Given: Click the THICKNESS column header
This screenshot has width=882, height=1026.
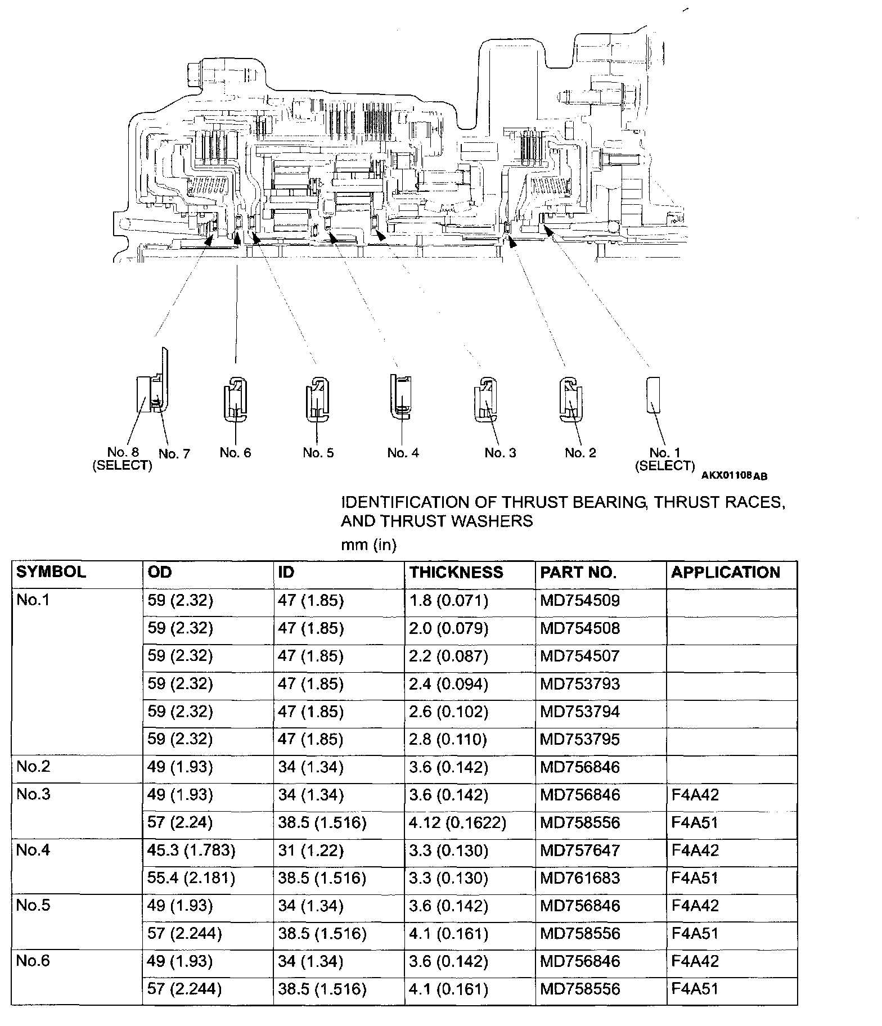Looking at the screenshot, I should (x=456, y=572).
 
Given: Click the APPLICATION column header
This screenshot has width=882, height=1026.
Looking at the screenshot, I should (x=725, y=572).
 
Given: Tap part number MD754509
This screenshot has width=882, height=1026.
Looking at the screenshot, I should (x=579, y=600).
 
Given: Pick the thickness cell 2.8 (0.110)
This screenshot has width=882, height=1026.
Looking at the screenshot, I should (x=448, y=739).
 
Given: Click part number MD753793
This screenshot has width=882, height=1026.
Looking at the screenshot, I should (x=579, y=683).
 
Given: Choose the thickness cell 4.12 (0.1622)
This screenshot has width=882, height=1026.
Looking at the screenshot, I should (x=457, y=822).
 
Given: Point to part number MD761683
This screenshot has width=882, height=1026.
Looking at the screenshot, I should (x=579, y=877).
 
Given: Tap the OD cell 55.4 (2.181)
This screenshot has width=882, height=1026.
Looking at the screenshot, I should (x=191, y=877).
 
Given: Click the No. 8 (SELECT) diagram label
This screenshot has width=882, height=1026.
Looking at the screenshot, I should (x=123, y=458).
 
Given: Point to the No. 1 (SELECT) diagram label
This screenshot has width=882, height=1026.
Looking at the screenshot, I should (x=664, y=458).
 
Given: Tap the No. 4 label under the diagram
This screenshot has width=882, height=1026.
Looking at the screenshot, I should (x=403, y=453).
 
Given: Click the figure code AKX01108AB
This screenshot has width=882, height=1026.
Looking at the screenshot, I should (x=734, y=476).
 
